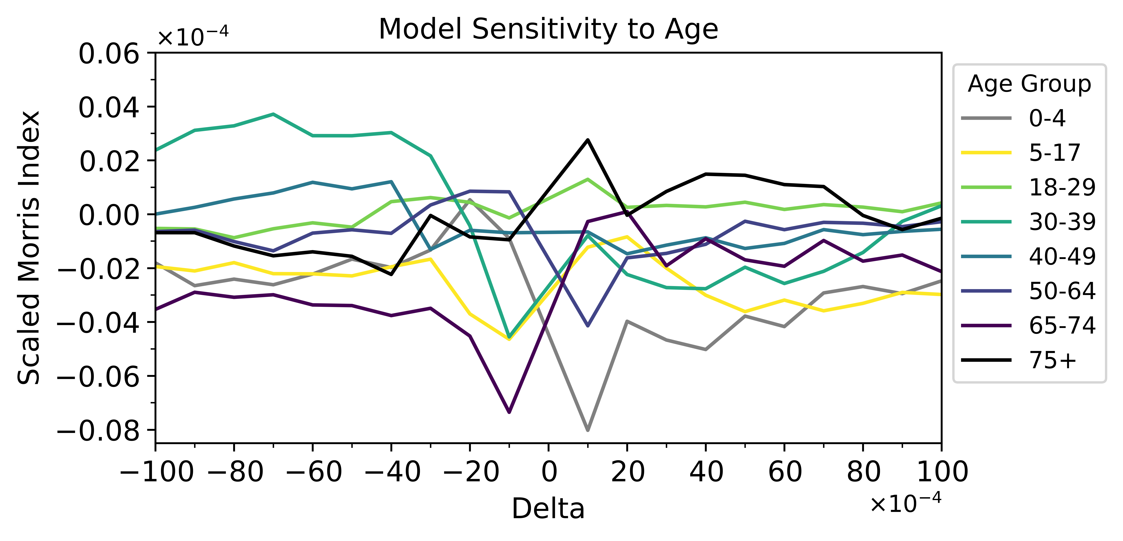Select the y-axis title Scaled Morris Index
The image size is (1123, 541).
(29, 248)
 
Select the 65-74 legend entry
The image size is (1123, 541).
(1062, 325)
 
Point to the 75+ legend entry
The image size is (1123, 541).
(1052, 360)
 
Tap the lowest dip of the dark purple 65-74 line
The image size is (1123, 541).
(509, 412)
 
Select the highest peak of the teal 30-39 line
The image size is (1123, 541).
(273, 114)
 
